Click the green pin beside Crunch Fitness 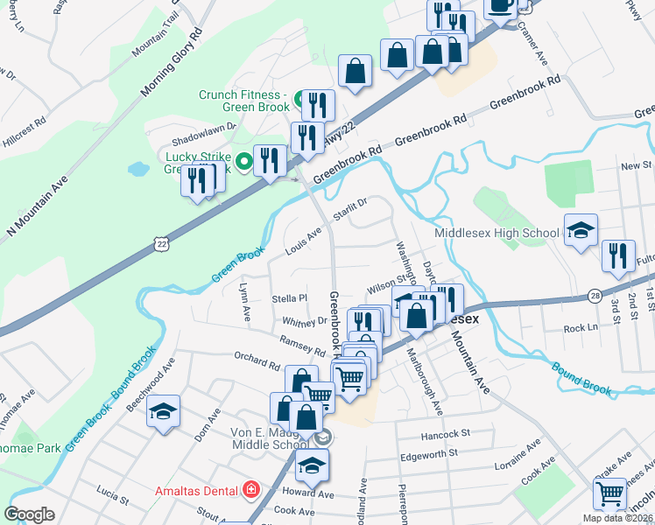[x=298, y=95]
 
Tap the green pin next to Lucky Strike [x=245, y=159]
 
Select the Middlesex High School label [x=497, y=233]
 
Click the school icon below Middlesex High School [x=581, y=231]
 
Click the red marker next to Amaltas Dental [x=252, y=488]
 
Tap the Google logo [x=30, y=514]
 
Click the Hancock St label [x=447, y=433]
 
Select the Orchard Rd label [x=257, y=359]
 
